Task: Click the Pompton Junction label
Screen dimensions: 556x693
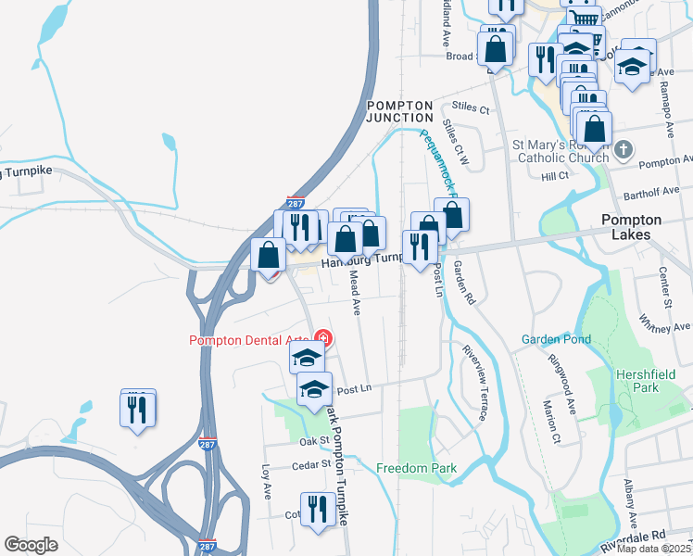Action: point(399,111)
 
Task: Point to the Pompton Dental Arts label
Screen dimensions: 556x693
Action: point(249,340)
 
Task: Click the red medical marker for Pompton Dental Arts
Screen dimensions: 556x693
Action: point(323,340)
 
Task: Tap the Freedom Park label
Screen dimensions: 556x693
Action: point(417,468)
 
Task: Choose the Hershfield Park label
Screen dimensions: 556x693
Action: point(649,380)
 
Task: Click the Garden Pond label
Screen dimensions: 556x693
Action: point(555,339)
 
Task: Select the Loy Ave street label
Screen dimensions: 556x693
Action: point(265,482)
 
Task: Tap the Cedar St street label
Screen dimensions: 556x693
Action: point(314,464)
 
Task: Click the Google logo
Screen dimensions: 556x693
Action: point(31,545)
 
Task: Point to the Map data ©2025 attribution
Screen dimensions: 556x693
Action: point(653,549)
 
